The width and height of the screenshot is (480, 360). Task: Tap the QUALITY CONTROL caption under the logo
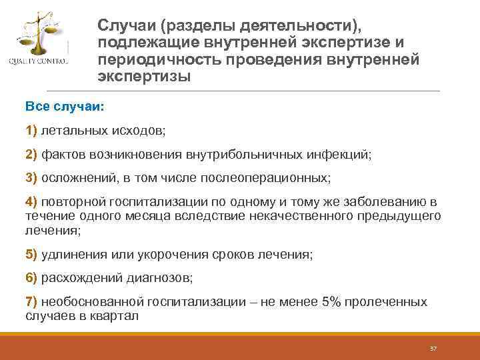coord(38,63)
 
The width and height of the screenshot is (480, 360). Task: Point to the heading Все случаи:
coord(61,107)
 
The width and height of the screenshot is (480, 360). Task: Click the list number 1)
coord(31,130)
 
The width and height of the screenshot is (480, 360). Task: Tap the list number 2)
coord(31,154)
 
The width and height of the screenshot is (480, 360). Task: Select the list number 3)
coord(31,178)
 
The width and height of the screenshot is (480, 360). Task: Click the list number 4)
coord(31,202)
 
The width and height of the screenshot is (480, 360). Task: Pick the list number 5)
coord(31,254)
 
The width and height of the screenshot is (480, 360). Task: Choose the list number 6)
coord(31,277)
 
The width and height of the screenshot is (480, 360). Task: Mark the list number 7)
coord(31,301)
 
